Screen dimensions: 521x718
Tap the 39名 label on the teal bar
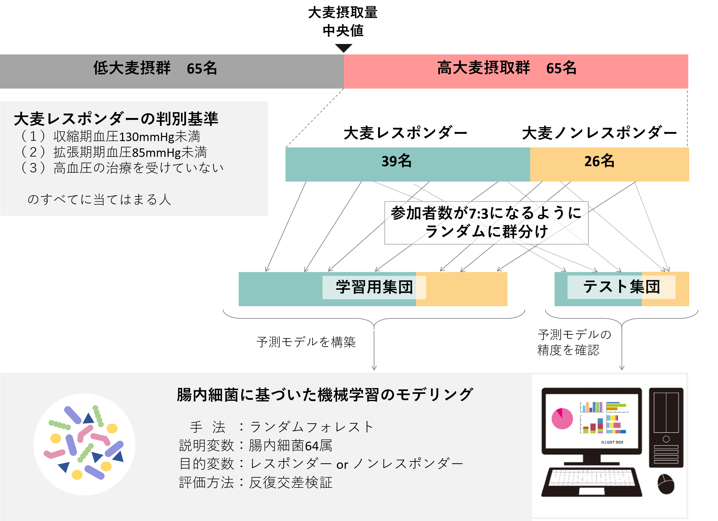pyautogui.click(x=396, y=161)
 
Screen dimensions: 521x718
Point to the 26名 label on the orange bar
pyautogui.click(x=599, y=161)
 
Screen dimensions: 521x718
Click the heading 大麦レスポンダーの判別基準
pyautogui.click(x=116, y=119)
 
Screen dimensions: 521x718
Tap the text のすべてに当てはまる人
pyautogui.click(x=99, y=200)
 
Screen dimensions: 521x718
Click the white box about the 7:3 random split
pyautogui.click(x=486, y=222)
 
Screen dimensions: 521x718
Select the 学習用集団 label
pyautogui.click(x=374, y=287)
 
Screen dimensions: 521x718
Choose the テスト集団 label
pyautogui.click(x=621, y=287)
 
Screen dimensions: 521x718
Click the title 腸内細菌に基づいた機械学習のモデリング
pyautogui.click(x=325, y=395)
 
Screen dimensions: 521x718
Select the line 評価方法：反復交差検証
pyautogui.click(x=256, y=483)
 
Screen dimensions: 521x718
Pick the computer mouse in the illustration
pyautogui.click(x=666, y=484)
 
